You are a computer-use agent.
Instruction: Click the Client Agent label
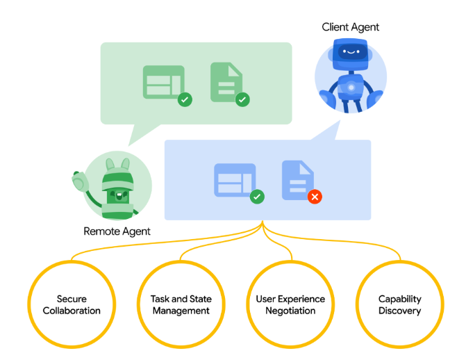pyautogui.click(x=351, y=27)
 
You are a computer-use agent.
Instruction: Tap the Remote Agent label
pyautogui.click(x=117, y=231)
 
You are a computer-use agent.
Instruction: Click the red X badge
pyautogui.click(x=315, y=197)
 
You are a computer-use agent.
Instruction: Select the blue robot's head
pyautogui.click(x=351, y=54)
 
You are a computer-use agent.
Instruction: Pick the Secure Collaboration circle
pyautogui.click(x=72, y=304)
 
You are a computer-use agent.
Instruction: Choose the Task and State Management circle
pyautogui.click(x=181, y=304)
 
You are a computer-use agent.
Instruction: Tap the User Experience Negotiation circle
pyautogui.click(x=290, y=304)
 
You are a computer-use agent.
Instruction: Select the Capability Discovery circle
pyautogui.click(x=400, y=304)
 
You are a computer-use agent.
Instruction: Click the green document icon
pyautogui.click(x=226, y=82)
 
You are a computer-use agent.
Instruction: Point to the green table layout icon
pyautogui.click(x=164, y=82)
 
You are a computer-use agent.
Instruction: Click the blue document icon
pyautogui.click(x=298, y=180)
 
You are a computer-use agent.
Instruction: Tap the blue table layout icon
pyautogui.click(x=235, y=180)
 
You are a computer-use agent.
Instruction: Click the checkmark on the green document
pyautogui.click(x=242, y=99)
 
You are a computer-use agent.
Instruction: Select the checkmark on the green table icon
pyautogui.click(x=185, y=99)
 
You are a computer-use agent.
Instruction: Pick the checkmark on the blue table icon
pyautogui.click(x=257, y=197)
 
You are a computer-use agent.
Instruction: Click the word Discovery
pyautogui.click(x=400, y=311)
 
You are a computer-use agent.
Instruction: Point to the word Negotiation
pyautogui.click(x=290, y=311)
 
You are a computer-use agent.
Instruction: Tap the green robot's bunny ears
pyautogui.click(x=118, y=164)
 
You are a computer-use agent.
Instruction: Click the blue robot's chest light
pyautogui.click(x=351, y=88)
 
